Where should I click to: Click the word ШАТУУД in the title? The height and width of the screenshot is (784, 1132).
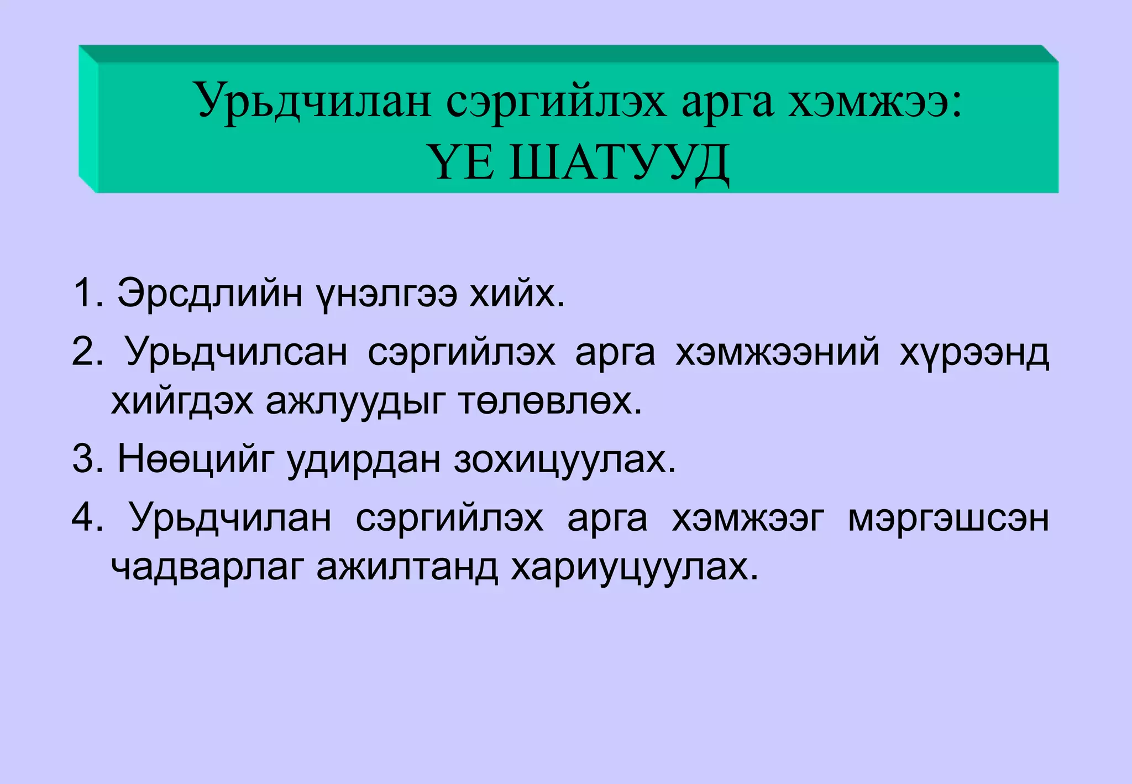pos(619,164)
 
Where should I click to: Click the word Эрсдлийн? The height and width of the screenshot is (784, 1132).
pos(209,292)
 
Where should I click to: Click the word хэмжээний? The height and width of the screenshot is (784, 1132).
pos(777,352)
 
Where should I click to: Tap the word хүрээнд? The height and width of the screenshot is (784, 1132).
pos(974,352)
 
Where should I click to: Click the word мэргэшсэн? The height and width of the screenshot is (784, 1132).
pos(948,518)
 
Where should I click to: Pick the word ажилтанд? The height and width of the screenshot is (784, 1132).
pos(407,567)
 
